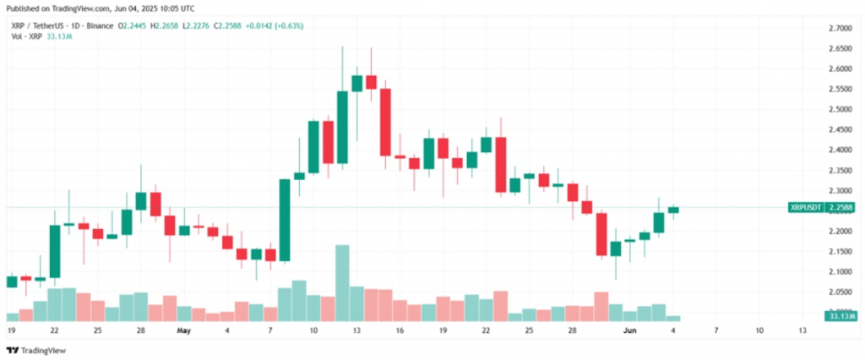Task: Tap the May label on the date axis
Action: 183,330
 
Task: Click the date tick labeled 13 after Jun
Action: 802,330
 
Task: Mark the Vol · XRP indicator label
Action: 28,37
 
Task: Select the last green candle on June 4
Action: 673,210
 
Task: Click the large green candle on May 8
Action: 285,220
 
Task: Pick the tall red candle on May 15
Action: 385,122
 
